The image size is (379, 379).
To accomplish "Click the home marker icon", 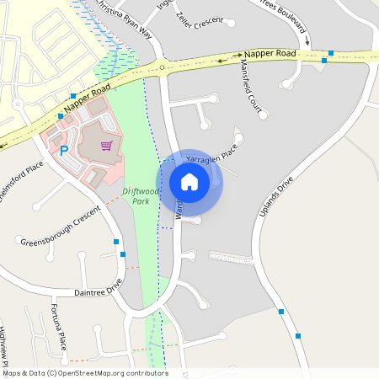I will coord(189,182).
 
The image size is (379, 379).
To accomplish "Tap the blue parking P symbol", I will coord(63,152).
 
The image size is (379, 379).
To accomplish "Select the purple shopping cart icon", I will coord(106,146).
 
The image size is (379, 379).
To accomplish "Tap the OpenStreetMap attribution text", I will coord(84,373).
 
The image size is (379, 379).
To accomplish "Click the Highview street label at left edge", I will coord(4,345).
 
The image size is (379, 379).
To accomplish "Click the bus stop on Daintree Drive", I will coord(123,254).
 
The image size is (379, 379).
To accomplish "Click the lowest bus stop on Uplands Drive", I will coord(298,336).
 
